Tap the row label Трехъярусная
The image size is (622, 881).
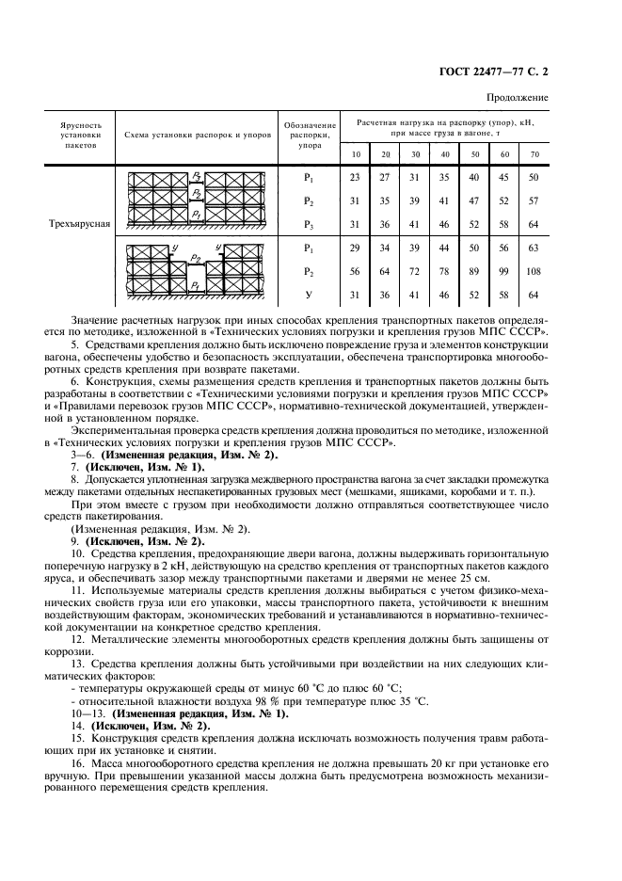(x=80, y=224)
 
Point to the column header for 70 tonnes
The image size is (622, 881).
(x=534, y=153)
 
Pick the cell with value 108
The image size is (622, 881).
(x=534, y=272)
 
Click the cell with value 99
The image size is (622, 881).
(x=504, y=272)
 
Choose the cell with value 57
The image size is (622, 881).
(x=534, y=200)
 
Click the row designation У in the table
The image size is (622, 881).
(x=308, y=296)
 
